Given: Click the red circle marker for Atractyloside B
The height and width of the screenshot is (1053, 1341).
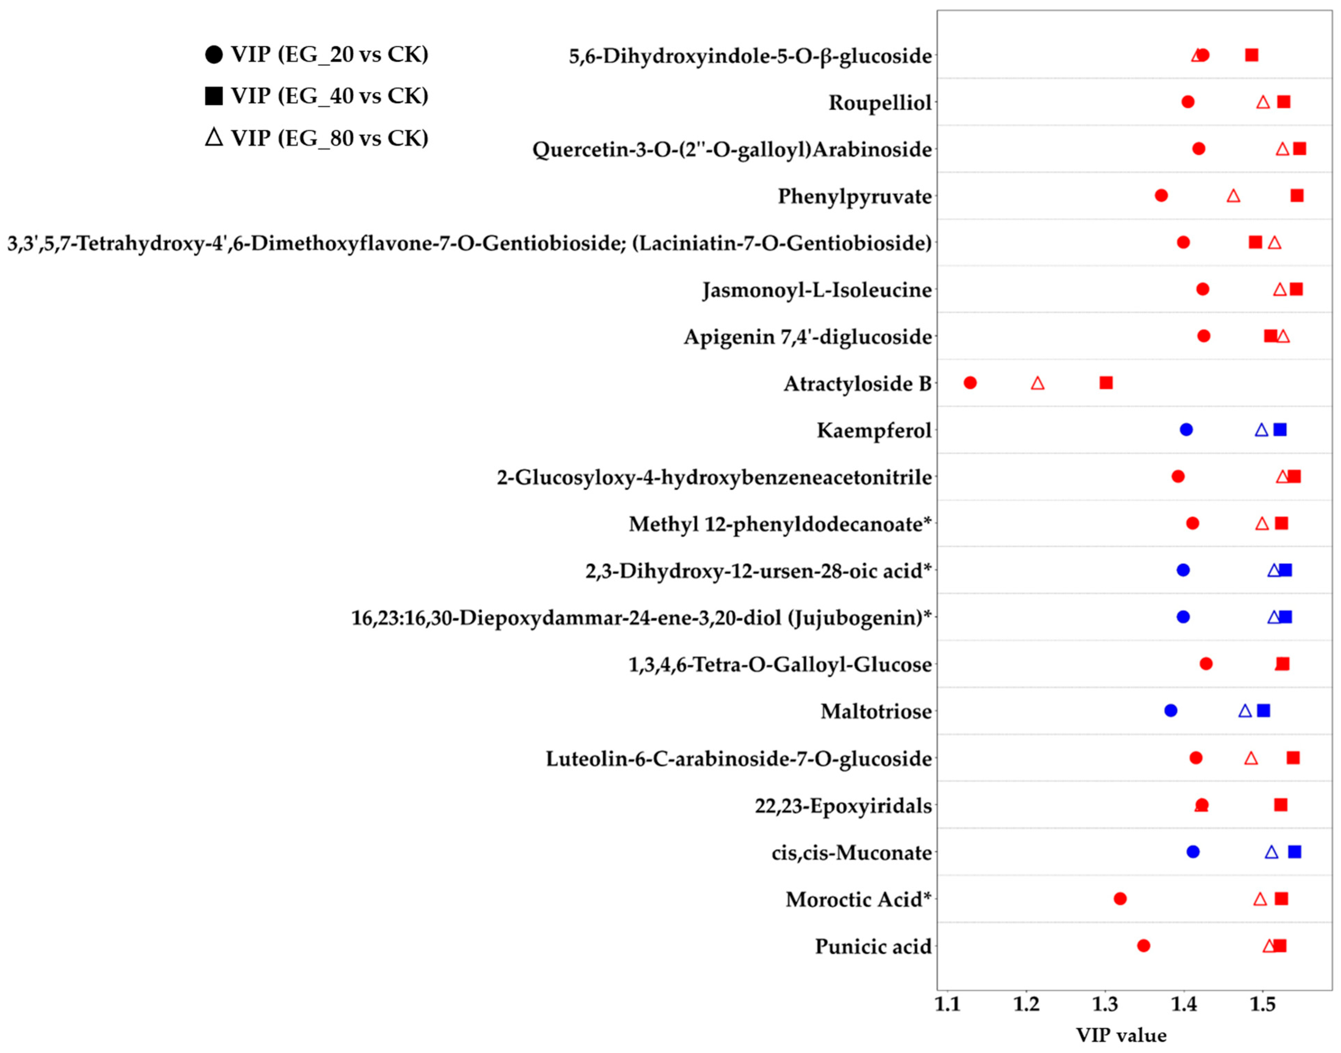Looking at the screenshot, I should click(970, 383).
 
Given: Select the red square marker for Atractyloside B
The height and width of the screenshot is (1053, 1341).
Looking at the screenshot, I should click(1106, 383).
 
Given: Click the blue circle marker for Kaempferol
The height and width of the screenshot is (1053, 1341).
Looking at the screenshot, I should click(1185, 430).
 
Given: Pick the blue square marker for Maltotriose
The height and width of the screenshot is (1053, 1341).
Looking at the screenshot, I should click(1263, 711).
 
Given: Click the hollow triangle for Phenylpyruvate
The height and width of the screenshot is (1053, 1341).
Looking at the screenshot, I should click(1233, 196).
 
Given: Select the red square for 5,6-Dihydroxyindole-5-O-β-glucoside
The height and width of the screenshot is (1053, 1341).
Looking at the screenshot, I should click(1252, 55).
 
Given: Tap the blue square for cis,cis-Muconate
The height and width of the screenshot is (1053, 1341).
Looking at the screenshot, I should click(1295, 852).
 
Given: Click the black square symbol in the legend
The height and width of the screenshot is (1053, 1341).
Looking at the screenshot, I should click(213, 96).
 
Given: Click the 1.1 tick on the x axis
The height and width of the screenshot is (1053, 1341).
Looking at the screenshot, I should click(947, 1005).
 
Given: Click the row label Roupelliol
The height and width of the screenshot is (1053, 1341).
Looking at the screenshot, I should click(880, 102).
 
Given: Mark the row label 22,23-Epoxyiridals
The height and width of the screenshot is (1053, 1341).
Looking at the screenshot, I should click(843, 806).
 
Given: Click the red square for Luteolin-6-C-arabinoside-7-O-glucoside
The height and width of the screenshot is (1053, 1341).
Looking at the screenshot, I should click(1293, 758).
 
